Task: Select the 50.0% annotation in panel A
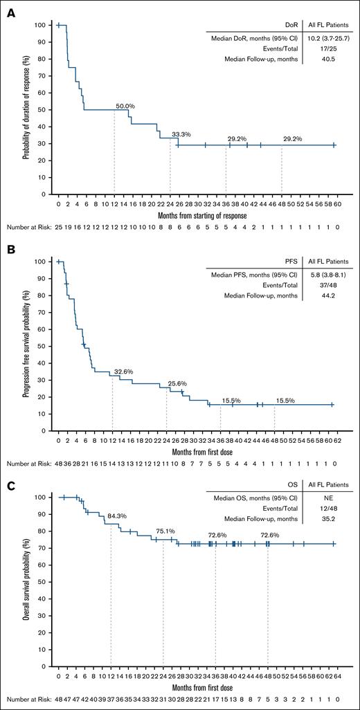(x=125, y=105)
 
